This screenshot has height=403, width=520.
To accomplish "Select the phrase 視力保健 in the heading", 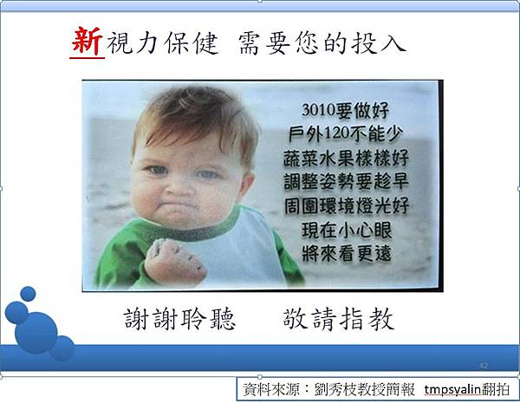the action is [x=163, y=43].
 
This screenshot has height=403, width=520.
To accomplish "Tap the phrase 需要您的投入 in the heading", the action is [x=322, y=43].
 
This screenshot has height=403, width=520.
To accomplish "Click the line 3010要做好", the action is [x=345, y=110].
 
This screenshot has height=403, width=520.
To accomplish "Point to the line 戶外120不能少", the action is [x=346, y=133].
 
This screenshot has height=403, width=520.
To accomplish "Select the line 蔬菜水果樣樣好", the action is [x=346, y=158].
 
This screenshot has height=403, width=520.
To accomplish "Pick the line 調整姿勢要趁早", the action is [x=346, y=182].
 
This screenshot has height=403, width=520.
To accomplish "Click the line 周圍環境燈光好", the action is [x=347, y=206].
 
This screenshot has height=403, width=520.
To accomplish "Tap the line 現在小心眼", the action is [x=347, y=231].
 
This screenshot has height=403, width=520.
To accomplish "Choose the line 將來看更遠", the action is [x=347, y=254].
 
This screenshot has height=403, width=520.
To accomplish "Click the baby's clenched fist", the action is [x=175, y=263].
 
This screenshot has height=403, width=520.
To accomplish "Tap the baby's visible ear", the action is [x=247, y=185].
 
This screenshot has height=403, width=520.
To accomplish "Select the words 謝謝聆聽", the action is [x=179, y=319].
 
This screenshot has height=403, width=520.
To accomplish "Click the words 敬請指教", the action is [x=339, y=319].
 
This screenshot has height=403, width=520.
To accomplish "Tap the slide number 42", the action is [x=484, y=366].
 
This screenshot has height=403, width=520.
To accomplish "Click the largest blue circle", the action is [x=36, y=332].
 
